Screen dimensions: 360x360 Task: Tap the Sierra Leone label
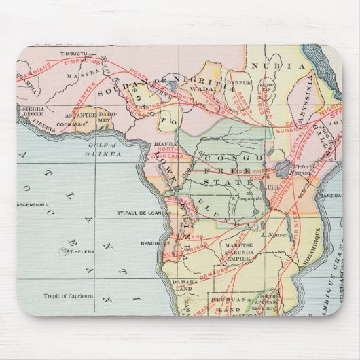pos(33,111)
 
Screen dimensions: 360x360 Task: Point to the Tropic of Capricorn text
pos(68,296)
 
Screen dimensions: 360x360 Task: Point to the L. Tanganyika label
pos(247,198)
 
